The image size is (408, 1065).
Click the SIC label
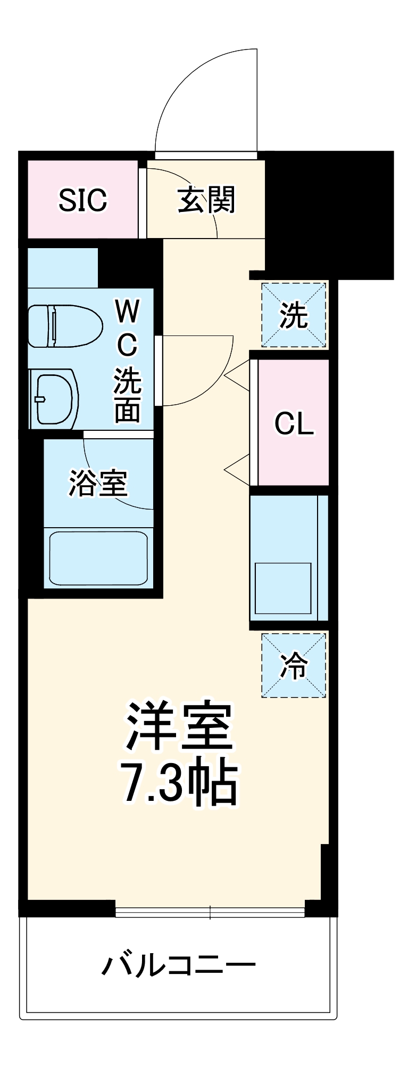tap(82, 200)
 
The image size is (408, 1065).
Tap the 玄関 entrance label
tap(206, 200)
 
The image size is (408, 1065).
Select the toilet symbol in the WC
tap(64, 325)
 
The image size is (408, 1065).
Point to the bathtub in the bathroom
tap(98, 558)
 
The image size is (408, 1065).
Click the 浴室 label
tap(98, 482)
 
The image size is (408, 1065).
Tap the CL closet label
tap(294, 424)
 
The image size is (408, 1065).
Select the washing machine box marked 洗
tap(294, 315)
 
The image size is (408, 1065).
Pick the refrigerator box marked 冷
tap(294, 665)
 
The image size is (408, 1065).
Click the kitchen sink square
tap(283, 588)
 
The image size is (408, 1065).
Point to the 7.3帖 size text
tap(179, 783)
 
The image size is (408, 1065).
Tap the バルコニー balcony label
tap(179, 965)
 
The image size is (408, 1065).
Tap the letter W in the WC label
tap(127, 311)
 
